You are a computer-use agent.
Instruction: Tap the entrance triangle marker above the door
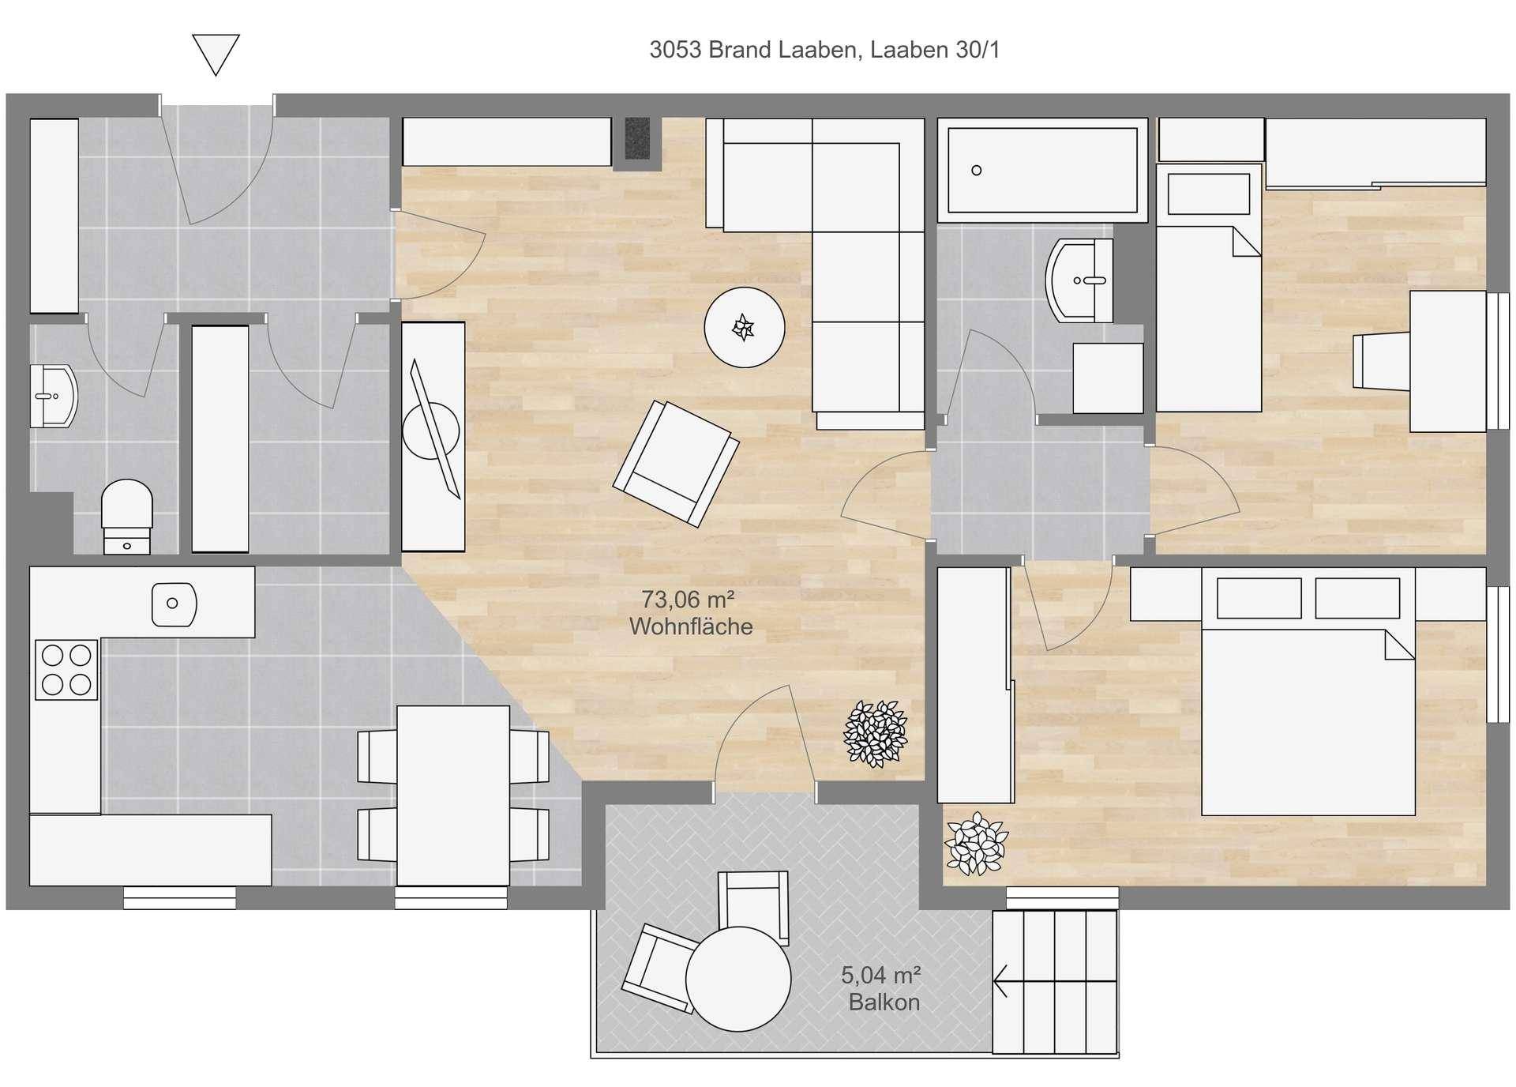[216, 54]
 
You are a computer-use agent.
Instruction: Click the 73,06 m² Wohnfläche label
[691, 613]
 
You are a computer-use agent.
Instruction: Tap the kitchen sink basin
[174, 604]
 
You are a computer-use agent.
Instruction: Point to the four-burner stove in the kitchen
[66, 669]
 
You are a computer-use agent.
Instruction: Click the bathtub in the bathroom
[1042, 170]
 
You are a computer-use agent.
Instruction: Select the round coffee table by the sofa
[744, 327]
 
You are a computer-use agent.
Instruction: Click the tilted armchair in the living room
[676, 463]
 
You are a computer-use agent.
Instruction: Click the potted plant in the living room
[875, 734]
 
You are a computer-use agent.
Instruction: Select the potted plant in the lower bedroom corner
[977, 844]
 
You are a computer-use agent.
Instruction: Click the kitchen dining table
[453, 796]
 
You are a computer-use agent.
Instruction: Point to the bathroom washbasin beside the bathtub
[1079, 280]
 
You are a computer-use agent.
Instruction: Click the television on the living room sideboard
[433, 429]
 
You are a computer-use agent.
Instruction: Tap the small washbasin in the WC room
[54, 396]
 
